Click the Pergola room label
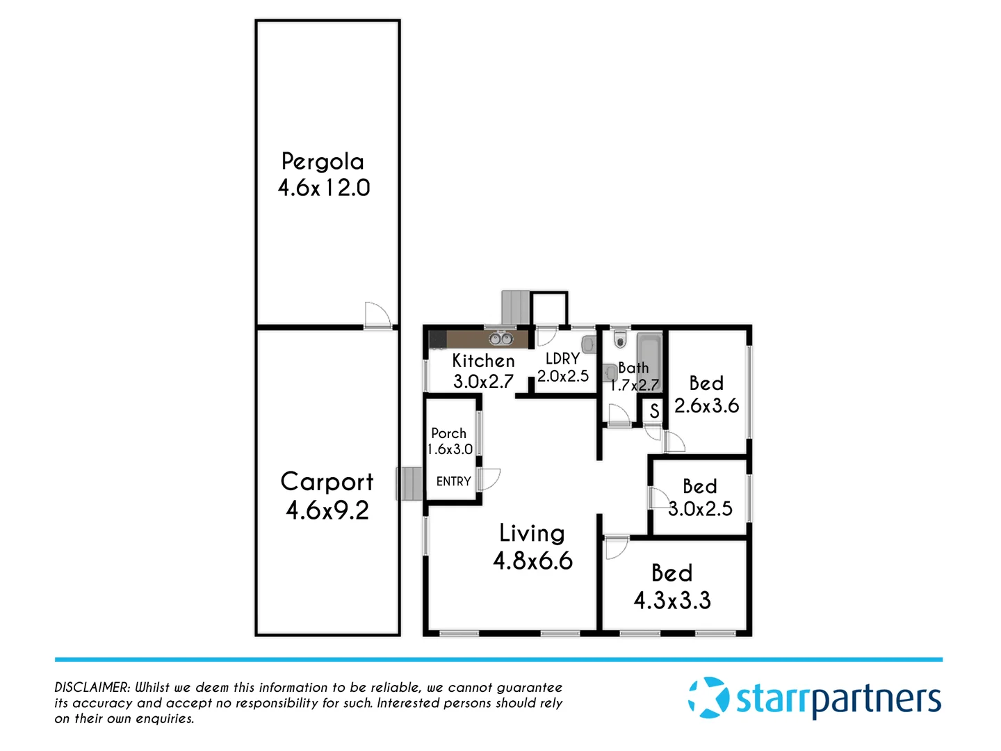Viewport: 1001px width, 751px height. click(x=323, y=162)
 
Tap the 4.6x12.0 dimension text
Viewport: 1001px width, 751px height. click(x=324, y=188)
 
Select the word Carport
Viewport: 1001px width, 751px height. click(x=327, y=482)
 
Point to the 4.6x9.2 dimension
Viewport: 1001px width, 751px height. click(x=327, y=510)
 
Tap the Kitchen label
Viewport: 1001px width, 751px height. click(x=483, y=361)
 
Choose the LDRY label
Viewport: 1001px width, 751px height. click(x=562, y=359)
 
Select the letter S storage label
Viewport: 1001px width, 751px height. click(x=654, y=411)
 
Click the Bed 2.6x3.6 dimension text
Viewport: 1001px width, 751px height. click(x=706, y=406)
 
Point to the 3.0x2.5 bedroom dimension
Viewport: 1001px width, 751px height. click(x=701, y=509)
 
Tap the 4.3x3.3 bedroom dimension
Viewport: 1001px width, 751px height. click(x=672, y=600)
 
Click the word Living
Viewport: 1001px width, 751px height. click(x=532, y=533)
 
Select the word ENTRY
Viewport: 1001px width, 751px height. click(x=453, y=481)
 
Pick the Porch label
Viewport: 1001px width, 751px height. click(x=449, y=433)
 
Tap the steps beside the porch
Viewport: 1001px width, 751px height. click(x=410, y=483)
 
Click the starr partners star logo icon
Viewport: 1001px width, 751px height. click(x=708, y=697)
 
